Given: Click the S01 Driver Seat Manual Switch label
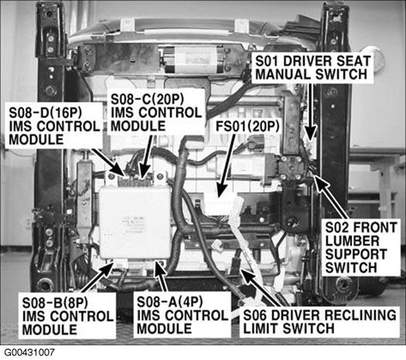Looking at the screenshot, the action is point(312,68).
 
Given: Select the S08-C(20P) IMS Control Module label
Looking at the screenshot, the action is point(156,112).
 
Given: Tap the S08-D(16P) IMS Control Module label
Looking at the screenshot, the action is point(54,126).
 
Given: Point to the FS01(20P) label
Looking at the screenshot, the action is point(247,126).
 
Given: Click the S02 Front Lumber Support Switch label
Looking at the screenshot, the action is point(361,248).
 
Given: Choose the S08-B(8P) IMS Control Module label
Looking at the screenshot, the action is point(67,316).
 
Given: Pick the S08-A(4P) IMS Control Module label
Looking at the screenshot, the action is point(182,315).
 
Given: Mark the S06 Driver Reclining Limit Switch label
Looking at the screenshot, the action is point(319,322).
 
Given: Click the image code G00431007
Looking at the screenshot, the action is point(29,352).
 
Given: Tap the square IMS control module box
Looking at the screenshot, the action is point(135,222).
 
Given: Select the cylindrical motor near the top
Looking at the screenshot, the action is point(192,60).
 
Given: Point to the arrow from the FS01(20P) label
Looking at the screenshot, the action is point(225,166).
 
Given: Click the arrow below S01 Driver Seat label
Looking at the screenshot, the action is point(310,113).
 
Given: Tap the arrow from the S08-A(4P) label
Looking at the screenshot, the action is point(161,276).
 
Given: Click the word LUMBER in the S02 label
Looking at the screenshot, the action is point(352,241).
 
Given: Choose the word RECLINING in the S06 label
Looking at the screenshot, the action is point(360,315).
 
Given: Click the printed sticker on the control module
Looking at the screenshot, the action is point(133,225).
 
